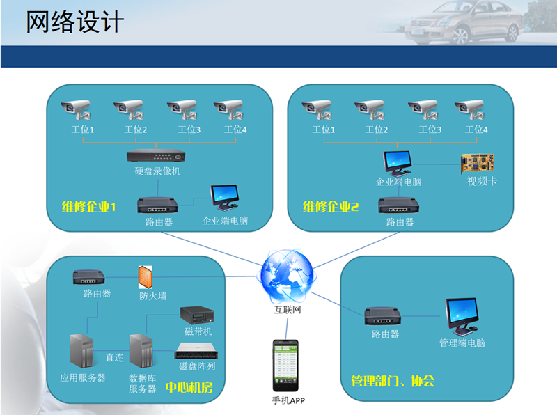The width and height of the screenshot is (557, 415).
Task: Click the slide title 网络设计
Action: [x=75, y=22]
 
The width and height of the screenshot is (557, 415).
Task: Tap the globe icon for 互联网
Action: [x=287, y=276]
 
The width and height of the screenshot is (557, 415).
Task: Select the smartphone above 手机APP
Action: [x=285, y=366]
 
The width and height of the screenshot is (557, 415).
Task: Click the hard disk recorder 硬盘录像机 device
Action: [x=156, y=156]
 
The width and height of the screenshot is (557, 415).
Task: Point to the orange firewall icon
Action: [x=146, y=277]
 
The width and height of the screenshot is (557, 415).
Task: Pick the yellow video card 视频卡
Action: [x=478, y=163]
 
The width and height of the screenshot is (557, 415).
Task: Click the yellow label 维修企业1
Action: [x=89, y=206]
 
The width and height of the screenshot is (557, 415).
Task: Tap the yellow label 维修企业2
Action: [x=331, y=206]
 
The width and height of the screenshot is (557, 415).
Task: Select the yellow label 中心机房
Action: [x=189, y=387]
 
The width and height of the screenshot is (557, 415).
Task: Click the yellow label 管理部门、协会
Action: [x=393, y=381]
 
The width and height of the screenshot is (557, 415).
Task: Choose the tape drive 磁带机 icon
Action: [x=197, y=315]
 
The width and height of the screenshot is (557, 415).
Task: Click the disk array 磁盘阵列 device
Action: [x=196, y=351]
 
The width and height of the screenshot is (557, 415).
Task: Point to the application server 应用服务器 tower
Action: [x=81, y=351]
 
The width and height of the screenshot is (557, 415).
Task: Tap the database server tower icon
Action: [x=141, y=351]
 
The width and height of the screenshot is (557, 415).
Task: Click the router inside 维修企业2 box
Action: [x=398, y=205]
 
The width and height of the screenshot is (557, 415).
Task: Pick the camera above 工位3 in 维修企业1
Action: [x=182, y=109]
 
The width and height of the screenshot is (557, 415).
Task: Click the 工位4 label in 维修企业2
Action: [x=476, y=130]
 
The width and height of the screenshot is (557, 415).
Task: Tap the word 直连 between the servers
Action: [x=114, y=357]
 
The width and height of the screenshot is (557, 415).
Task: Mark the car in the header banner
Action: [x=464, y=22]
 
